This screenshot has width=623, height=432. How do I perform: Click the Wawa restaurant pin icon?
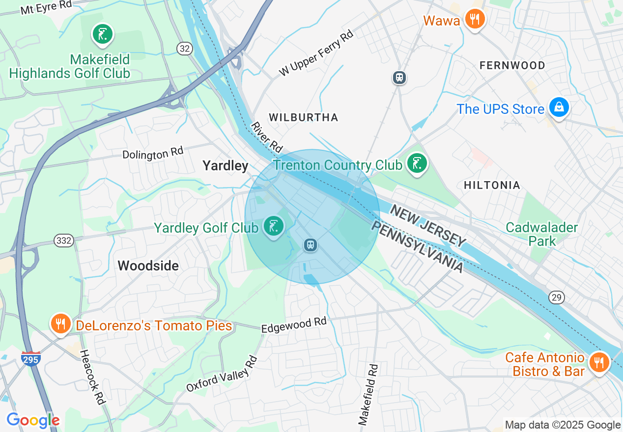(x=474, y=20)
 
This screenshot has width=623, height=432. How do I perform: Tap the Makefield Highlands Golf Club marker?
(x=103, y=35)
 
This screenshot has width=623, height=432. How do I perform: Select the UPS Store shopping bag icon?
(x=559, y=107)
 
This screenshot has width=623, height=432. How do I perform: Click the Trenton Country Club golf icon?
(x=417, y=163)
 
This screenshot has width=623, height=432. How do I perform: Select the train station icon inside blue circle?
(x=310, y=244)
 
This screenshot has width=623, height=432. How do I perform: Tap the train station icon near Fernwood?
(x=399, y=77)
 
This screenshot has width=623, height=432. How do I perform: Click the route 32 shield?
(x=184, y=48)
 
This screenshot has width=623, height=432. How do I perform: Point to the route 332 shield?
(x=64, y=241)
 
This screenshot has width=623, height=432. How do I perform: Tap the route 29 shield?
(x=557, y=297)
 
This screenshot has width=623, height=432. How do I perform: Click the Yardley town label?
(x=226, y=166)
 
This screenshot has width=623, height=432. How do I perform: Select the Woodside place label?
(x=148, y=266)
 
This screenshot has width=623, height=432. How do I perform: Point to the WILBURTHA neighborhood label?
(x=303, y=117)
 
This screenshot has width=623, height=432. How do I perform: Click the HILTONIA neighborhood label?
(x=492, y=185)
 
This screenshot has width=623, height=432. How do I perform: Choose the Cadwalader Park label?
(x=542, y=234)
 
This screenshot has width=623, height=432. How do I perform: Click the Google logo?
(x=33, y=420)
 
